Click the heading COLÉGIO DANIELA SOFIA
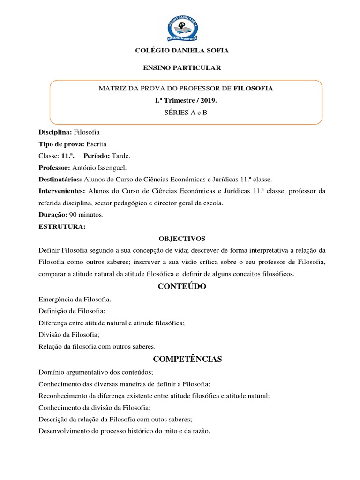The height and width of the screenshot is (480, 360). pos(182,50)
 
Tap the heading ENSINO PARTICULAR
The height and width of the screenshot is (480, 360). pos(182,68)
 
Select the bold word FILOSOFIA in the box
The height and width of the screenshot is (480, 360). pos(253,88)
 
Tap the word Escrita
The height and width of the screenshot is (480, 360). pos(100,144)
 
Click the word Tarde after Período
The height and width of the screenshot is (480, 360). pos(122,156)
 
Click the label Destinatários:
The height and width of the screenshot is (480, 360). pos(60,180)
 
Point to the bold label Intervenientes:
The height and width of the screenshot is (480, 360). pos(61,191)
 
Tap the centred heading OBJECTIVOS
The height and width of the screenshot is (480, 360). pos(182,239)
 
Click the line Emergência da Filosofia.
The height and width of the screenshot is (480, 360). pos(75,299)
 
